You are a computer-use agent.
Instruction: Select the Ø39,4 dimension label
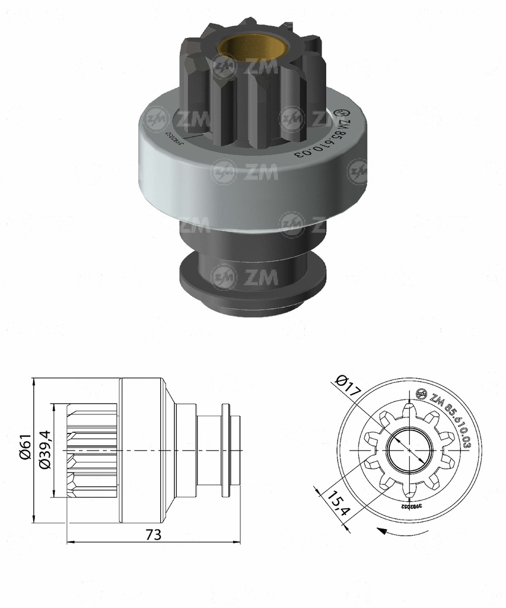(x=44, y=451)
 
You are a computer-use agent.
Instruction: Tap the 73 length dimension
(x=153, y=534)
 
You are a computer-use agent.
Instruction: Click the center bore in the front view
(x=408, y=451)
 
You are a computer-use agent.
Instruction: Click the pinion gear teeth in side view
(x=92, y=451)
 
